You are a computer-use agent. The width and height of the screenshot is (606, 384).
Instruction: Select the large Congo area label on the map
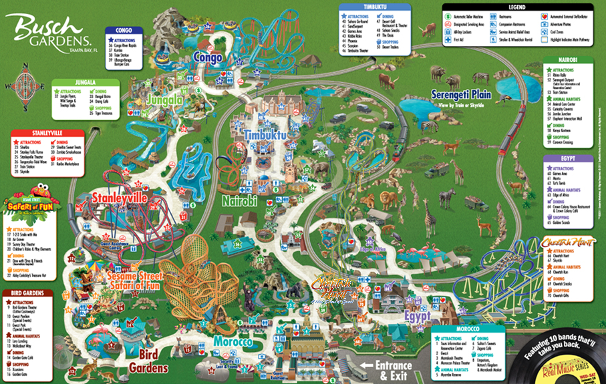pyautogui.click(x=208, y=58)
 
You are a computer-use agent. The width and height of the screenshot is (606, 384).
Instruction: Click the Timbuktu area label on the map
pyautogui.click(x=265, y=135)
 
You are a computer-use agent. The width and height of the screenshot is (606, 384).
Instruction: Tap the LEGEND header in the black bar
pyautogui.click(x=517, y=7)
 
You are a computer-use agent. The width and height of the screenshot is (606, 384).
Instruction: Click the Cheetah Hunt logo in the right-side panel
pyautogui.click(x=573, y=241)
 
